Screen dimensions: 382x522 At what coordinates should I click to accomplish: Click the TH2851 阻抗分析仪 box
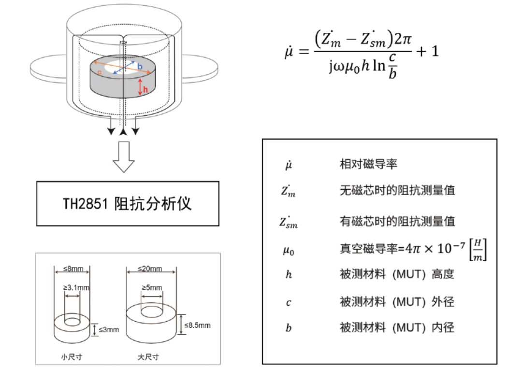click(x=128, y=204)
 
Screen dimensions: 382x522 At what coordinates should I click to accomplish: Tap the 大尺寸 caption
click(x=148, y=357)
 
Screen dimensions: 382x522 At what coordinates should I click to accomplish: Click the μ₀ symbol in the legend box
click(x=288, y=250)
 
